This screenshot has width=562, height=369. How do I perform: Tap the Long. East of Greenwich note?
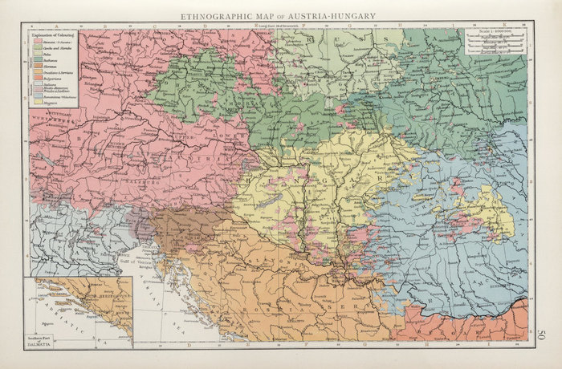pos(277,28)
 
